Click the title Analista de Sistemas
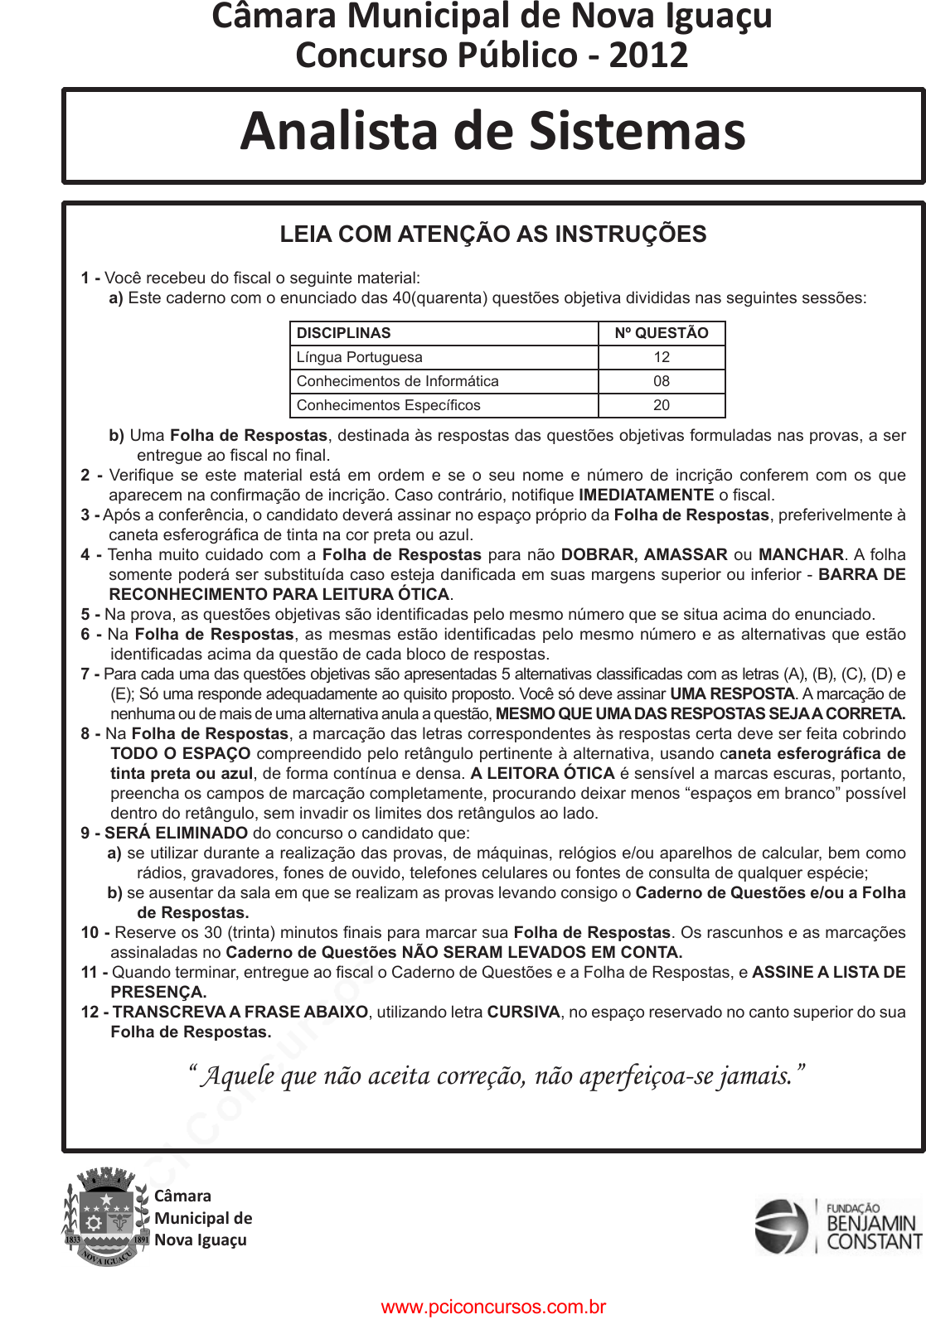(493, 132)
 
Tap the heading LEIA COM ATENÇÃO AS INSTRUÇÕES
(493, 234)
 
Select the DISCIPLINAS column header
(344, 333)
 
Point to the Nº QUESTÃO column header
(662, 333)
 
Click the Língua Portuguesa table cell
(360, 357)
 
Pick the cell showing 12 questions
(662, 357)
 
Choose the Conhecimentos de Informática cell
(398, 381)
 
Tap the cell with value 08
(662, 381)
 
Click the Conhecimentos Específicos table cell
(389, 405)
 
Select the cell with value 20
(662, 405)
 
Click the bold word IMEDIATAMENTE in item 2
(647, 495)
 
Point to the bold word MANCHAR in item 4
(801, 555)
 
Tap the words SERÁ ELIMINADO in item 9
(176, 834)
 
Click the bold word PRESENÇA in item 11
(158, 993)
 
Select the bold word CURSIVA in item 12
(524, 1013)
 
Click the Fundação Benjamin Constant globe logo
(780, 1226)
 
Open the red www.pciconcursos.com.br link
(493, 1307)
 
